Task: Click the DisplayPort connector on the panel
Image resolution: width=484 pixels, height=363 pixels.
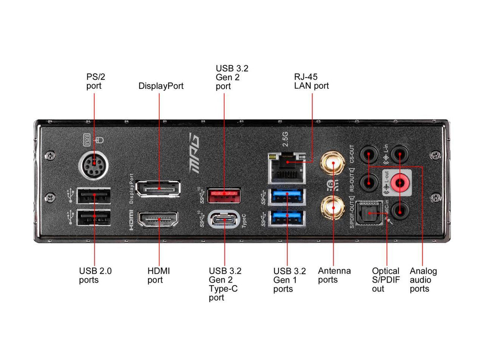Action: coord(158,189)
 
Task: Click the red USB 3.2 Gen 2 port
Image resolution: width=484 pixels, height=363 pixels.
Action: coord(224,193)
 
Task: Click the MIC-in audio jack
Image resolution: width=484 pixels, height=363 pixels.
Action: coord(401,211)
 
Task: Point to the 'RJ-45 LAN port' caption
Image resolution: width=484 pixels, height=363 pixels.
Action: coord(311,81)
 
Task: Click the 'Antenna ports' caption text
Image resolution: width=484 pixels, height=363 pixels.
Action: coord(334,275)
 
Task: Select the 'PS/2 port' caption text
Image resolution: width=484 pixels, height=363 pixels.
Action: coord(94,81)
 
